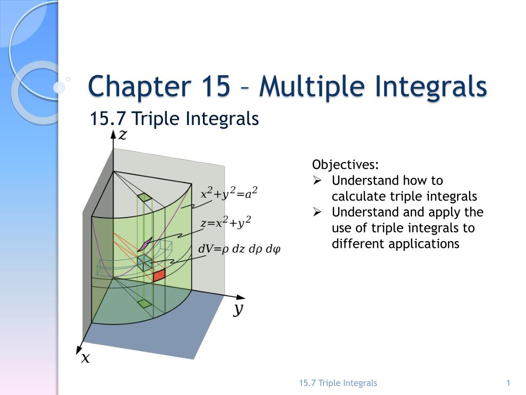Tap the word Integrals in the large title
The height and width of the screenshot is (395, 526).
[x=430, y=86]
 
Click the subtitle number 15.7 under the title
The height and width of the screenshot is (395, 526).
[x=108, y=119]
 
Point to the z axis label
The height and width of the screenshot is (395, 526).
[x=123, y=135]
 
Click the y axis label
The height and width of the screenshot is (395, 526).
[x=238, y=309]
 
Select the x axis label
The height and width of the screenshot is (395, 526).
[x=84, y=357]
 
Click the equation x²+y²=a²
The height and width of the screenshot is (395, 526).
[x=229, y=193]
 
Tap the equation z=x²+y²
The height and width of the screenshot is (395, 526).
[x=226, y=223]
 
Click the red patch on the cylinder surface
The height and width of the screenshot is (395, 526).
[x=159, y=275]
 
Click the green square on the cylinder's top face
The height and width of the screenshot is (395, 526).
[x=144, y=197]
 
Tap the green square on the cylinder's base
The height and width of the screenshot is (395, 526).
[x=145, y=303]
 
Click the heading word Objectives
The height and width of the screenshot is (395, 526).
[x=345, y=165]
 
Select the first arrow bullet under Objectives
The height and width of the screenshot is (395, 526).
[x=317, y=181]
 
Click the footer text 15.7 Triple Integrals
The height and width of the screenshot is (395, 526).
[x=338, y=383]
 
